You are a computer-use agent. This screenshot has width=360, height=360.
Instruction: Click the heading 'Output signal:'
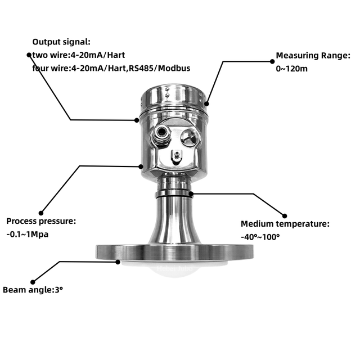coord(61,42)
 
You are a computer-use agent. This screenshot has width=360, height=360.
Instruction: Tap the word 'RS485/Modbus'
coord(160,69)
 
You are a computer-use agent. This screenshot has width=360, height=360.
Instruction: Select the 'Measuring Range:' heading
coord(313,56)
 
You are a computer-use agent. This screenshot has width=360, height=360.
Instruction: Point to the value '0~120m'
coord(291,69)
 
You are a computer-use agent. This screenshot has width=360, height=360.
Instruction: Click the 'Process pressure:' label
coord(41,221)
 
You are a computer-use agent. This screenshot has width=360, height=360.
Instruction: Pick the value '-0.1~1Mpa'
coord(28,235)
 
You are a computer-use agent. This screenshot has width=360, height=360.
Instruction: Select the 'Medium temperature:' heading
coord(285,224)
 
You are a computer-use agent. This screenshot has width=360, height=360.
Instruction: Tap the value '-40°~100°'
coord(260,237)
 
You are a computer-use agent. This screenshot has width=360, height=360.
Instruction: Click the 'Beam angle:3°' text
coord(33,290)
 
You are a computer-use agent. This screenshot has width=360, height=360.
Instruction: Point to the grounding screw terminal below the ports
coord(177,156)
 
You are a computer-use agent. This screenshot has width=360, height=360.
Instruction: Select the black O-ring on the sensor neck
coord(174,195)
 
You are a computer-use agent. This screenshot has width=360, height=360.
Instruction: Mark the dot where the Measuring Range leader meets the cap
coord(206,103)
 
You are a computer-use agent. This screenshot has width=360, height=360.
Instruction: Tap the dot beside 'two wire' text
coord(29,55)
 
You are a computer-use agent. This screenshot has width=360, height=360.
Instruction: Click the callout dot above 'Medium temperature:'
coord(285,216)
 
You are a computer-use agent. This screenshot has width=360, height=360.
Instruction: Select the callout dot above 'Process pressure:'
coord(41,213)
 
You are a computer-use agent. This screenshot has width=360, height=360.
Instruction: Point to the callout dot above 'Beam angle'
coord(33,282)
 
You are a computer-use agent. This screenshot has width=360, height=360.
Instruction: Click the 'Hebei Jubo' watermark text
coord(174,268)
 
